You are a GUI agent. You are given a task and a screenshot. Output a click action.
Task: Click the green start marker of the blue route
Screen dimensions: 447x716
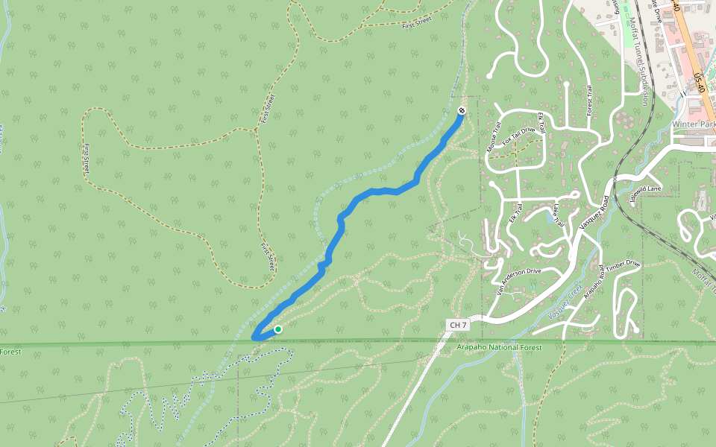coord(278,329)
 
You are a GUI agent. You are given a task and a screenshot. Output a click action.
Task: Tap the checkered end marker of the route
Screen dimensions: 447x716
coord(462,111)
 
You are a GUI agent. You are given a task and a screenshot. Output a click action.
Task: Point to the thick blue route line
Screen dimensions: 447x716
coord(358,199)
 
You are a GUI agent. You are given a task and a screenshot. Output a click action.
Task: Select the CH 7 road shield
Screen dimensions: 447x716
coord(458,325)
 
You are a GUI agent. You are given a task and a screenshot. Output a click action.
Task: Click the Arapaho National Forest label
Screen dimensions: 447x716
coord(499,347)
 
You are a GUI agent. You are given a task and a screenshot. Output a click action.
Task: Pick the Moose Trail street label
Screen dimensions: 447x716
coord(492,136)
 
